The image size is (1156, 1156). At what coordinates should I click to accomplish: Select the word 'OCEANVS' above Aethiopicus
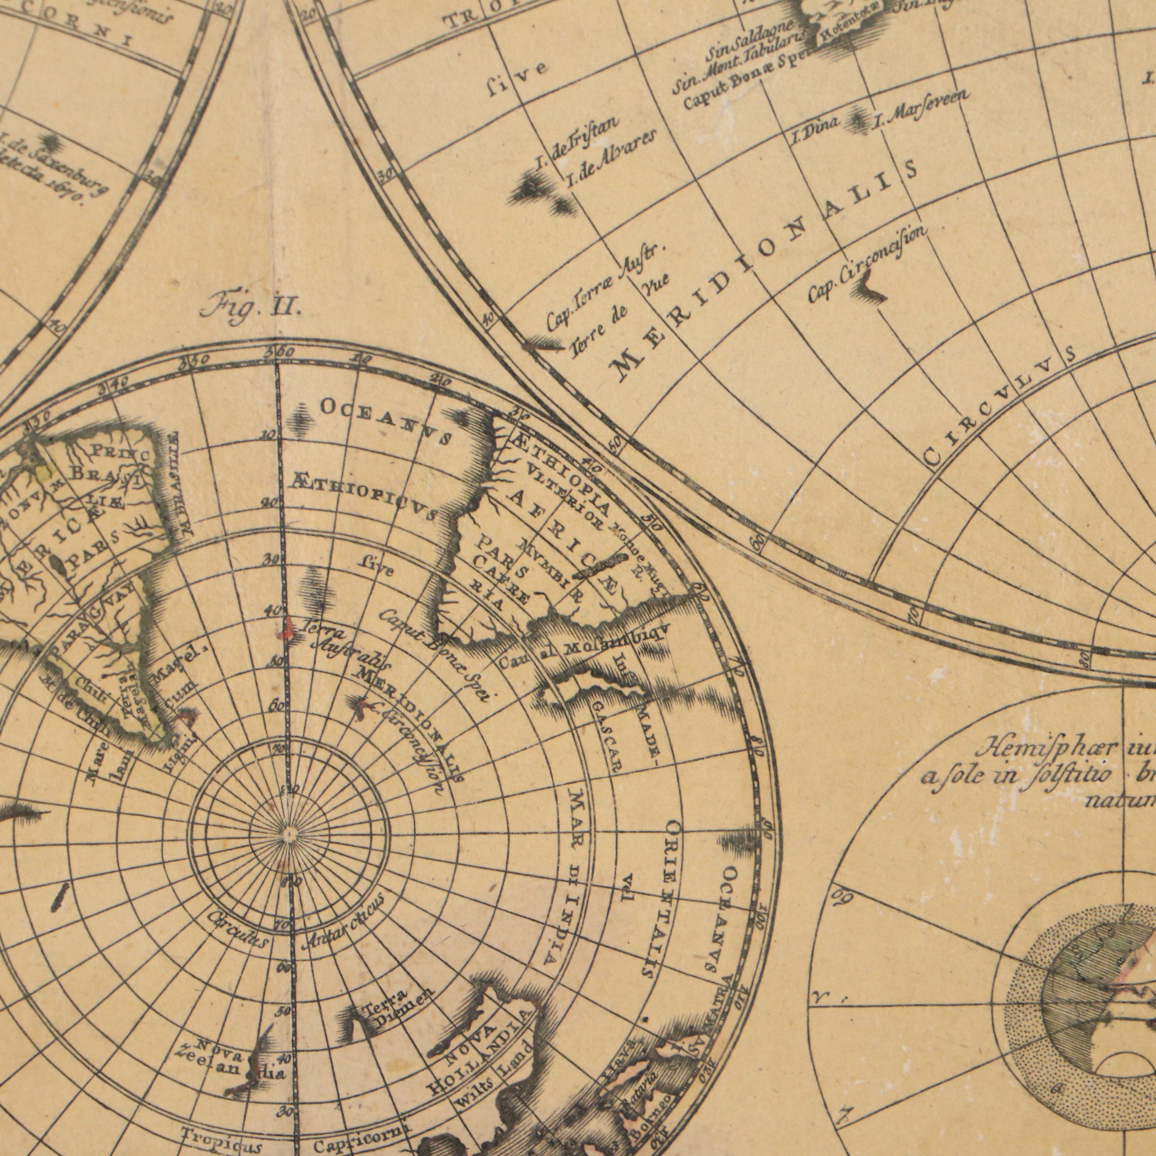[x=386, y=421]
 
